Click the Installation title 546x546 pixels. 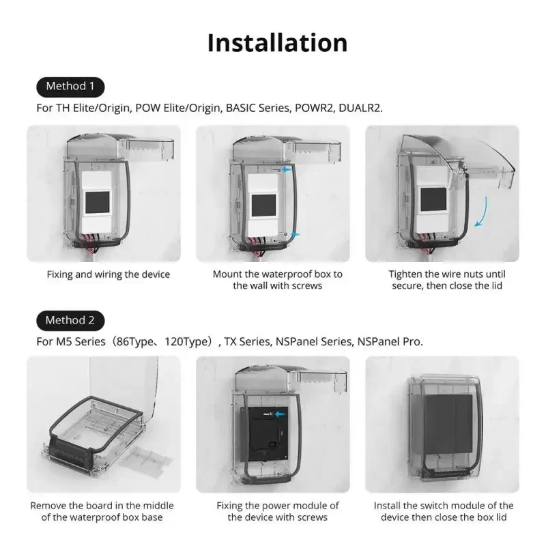click(x=277, y=42)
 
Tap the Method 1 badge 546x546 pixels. click(x=70, y=86)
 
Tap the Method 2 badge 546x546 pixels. click(x=70, y=320)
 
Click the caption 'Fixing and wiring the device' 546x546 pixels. click(x=108, y=274)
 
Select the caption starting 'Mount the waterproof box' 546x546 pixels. click(x=277, y=280)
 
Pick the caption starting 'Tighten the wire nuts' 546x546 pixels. click(x=447, y=280)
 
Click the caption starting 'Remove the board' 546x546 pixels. click(x=102, y=511)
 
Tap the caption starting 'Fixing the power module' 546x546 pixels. click(x=277, y=511)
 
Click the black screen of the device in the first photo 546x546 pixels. click(x=96, y=203)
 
